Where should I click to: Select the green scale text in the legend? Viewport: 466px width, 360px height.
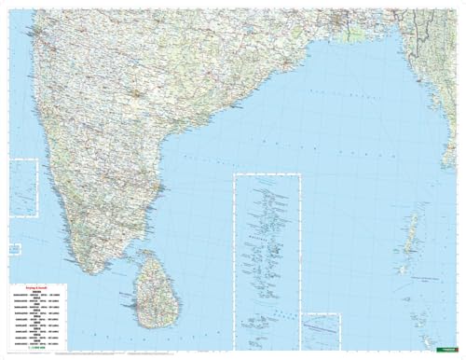point(34,346)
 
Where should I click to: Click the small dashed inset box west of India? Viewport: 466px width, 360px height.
point(22,187)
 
